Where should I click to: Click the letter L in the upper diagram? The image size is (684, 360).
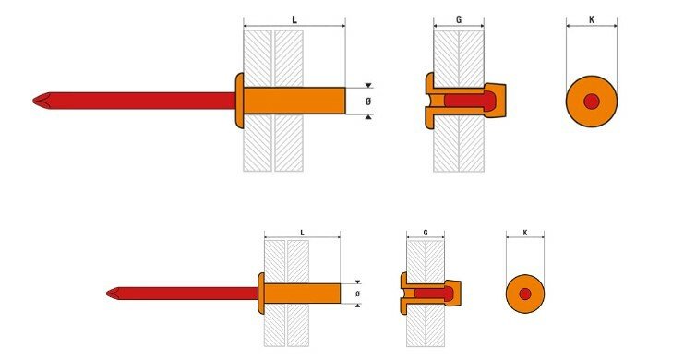[x=294, y=20]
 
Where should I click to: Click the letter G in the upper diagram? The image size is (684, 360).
[x=459, y=20]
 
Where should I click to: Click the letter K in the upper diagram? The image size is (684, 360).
[x=592, y=20]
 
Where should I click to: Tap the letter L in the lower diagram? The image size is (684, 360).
[x=302, y=233]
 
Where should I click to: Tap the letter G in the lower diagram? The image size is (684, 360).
[x=426, y=233]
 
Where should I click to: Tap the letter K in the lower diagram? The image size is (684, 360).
[x=525, y=233]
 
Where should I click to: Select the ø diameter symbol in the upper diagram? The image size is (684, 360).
[x=368, y=102]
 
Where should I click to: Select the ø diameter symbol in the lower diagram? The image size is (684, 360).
[x=358, y=294]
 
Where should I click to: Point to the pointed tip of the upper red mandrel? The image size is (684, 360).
[x=33, y=101]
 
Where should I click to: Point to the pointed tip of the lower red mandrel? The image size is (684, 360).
[x=107, y=294]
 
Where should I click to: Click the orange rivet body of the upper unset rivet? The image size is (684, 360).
[x=294, y=101]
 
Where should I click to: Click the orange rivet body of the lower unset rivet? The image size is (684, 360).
[x=302, y=294]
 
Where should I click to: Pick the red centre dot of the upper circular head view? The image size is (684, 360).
[x=592, y=102]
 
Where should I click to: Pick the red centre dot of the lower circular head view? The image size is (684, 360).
[x=525, y=294]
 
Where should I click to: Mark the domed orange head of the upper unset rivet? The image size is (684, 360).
[x=239, y=101]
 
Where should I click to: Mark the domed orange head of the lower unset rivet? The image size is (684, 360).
[x=261, y=294]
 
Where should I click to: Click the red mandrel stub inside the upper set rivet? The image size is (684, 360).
[x=470, y=101]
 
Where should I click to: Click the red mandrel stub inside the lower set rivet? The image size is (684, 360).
[x=434, y=294]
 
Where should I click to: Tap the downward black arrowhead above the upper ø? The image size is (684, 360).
[x=368, y=85]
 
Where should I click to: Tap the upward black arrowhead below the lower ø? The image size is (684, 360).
[x=358, y=306]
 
